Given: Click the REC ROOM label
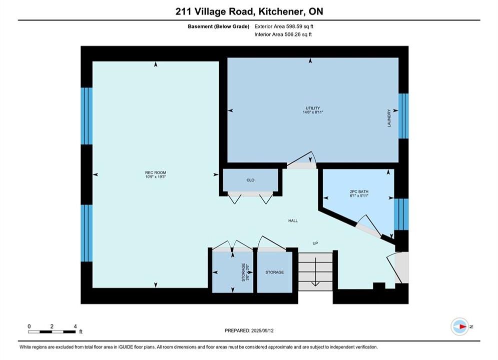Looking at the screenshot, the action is tap(156, 172).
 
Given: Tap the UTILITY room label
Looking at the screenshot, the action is tap(313, 108).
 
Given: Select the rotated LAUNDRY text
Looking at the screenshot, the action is tap(389, 118).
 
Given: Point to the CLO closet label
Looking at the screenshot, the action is tap(250, 180).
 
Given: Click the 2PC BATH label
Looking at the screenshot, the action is tap(359, 191).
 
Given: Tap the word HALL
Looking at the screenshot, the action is tap(293, 220).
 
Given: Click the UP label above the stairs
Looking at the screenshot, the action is tap(315, 243).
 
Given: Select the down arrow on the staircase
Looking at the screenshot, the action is tap(315, 272).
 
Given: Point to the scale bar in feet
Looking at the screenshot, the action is tap(52, 332).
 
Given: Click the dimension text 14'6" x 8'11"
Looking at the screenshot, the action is tap(313, 112).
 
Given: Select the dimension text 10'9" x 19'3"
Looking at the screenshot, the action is tap(156, 176).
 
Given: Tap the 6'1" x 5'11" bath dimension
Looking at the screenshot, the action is tap(359, 195).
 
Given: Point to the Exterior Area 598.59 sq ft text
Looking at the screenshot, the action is tap(284, 26).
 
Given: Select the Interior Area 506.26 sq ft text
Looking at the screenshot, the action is tap(283, 34).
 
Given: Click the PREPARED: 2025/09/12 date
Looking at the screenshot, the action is tap(249, 330).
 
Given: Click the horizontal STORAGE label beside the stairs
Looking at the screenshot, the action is tap(275, 272).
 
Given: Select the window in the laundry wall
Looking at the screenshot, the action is tap(404, 116).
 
